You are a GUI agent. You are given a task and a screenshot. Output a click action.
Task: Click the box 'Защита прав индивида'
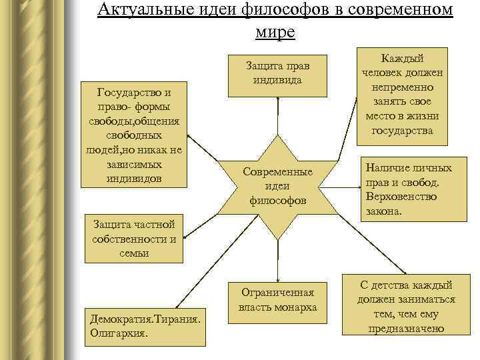[278, 75]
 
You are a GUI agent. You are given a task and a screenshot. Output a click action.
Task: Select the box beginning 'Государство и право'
[133, 134]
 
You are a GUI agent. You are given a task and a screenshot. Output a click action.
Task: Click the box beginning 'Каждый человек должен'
[403, 96]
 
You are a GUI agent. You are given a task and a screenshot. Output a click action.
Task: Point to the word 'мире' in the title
[275, 31]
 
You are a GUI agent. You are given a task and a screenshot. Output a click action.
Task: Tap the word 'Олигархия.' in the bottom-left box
[119, 331]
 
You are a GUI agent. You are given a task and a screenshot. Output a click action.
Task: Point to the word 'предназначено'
[407, 329]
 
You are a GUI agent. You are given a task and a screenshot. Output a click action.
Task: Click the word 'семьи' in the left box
[133, 253]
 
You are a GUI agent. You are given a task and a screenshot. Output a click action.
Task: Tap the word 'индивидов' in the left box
[133, 178]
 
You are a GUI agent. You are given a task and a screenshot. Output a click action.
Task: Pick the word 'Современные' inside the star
[277, 172]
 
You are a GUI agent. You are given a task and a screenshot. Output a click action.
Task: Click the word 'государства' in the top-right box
[403, 131]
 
